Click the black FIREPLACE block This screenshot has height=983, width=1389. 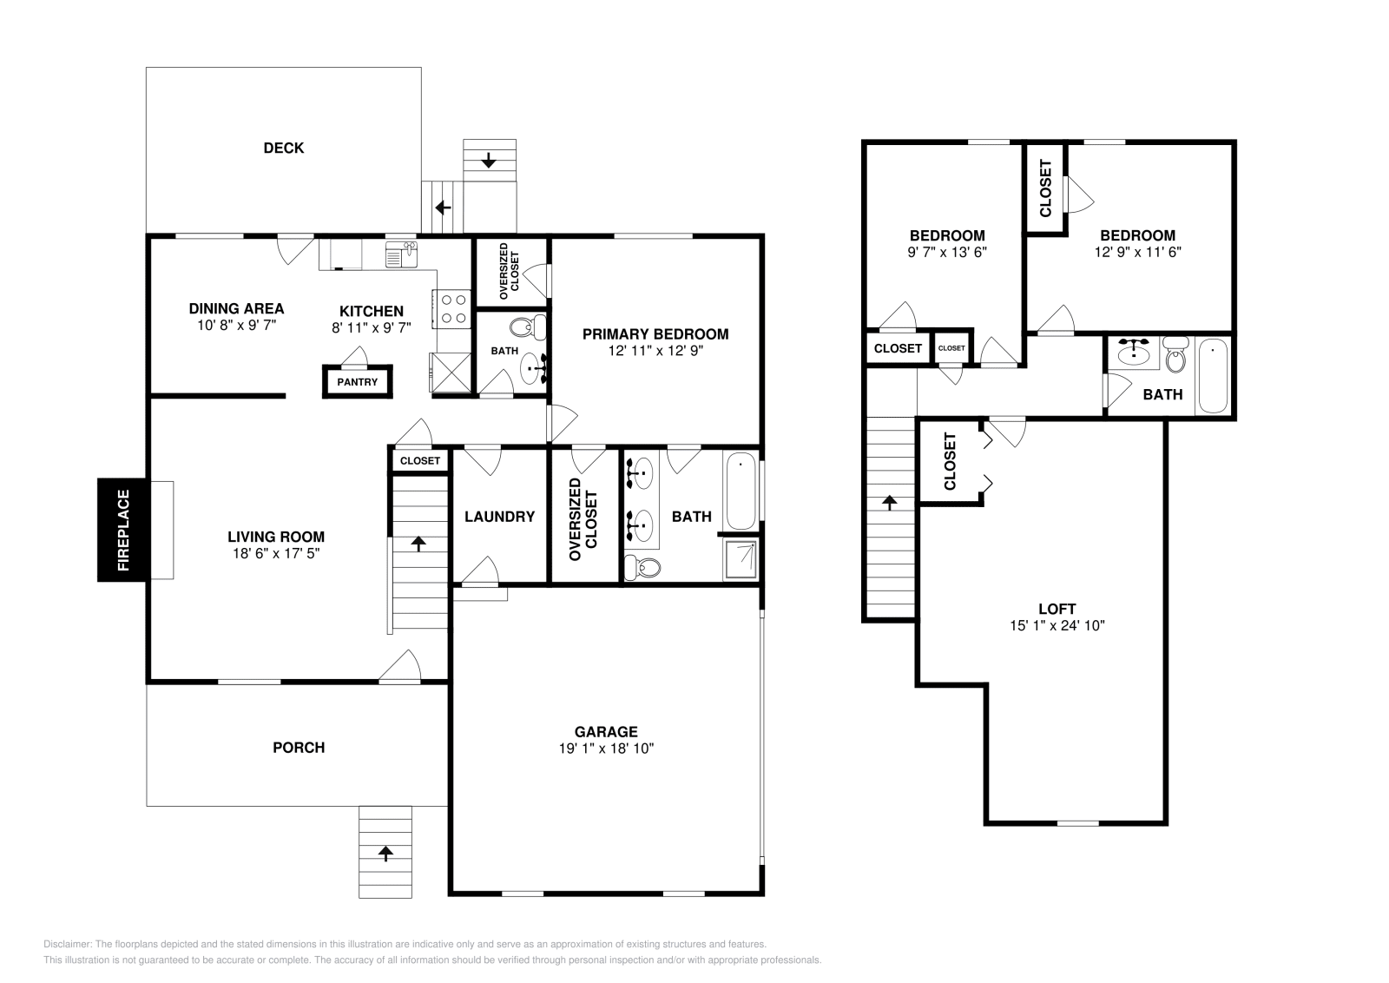click(122, 531)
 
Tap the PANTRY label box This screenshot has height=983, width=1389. click(358, 381)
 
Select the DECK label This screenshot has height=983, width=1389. click(284, 148)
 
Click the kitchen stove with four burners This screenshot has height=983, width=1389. click(452, 309)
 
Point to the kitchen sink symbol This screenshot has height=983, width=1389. click(401, 254)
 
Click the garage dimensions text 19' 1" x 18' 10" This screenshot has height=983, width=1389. click(607, 749)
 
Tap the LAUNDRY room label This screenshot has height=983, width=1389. click(500, 517)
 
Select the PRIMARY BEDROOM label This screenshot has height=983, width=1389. click(655, 334)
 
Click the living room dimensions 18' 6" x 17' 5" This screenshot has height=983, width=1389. click(276, 553)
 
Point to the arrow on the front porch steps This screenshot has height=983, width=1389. click(385, 854)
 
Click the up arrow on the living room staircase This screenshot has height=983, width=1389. click(418, 544)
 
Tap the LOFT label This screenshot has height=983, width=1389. click(1057, 609)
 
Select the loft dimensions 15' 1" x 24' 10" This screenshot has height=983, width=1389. click(1057, 625)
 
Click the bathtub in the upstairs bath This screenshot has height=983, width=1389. click(1213, 376)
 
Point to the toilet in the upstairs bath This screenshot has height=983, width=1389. click(1175, 354)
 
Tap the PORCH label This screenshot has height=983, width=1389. click(299, 748)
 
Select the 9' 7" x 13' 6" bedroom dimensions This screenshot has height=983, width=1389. click(947, 252)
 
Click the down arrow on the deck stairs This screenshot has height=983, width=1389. click(489, 160)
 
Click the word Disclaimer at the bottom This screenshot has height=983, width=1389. click(68, 944)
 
